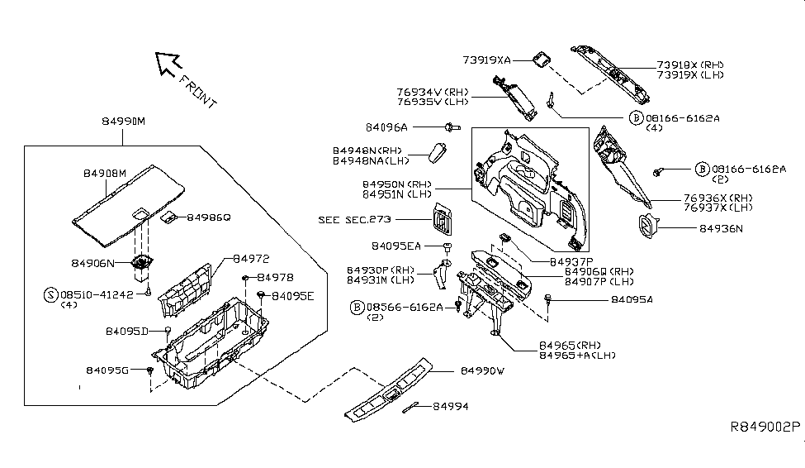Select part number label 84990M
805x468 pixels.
(x=121, y=122)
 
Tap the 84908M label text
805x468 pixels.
(x=105, y=174)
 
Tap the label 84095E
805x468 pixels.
(x=293, y=295)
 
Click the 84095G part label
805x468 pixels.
(x=107, y=370)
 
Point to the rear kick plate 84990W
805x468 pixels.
(x=388, y=389)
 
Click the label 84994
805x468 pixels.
(x=450, y=407)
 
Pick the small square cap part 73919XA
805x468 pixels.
(x=542, y=60)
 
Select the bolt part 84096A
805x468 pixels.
(x=451, y=127)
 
